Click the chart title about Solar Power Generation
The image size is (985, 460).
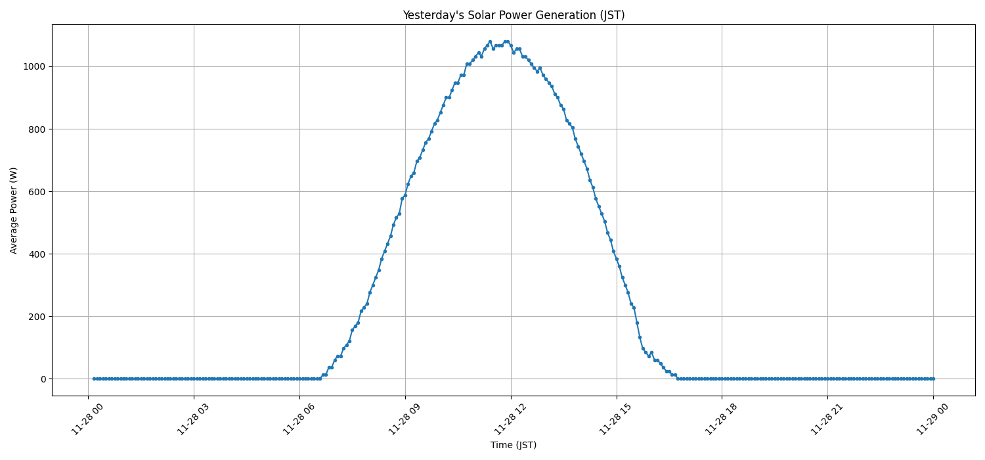tap(513, 15)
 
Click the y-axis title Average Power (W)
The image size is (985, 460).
tap(14, 210)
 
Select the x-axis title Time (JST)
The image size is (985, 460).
tap(513, 445)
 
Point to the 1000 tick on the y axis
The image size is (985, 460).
tap(35, 66)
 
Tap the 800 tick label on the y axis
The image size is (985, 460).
tap(38, 129)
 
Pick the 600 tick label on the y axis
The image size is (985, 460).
tap(38, 191)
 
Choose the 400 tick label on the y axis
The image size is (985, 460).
tap(38, 254)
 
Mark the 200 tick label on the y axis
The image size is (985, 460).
tap(38, 316)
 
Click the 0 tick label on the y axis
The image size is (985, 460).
tap(43, 379)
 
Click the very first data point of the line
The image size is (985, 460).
tap(94, 379)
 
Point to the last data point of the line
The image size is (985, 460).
tap(933, 379)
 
